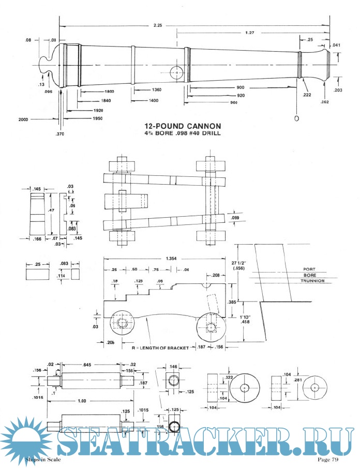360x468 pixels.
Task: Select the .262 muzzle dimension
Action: point(325,102)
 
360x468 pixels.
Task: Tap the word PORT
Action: point(310,269)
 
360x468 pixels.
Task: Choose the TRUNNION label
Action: point(314,281)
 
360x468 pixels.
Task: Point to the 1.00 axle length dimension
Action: point(89,401)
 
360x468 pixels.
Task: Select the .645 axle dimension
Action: point(90,366)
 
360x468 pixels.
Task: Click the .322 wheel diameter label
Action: point(229,378)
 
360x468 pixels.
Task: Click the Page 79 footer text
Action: point(328,459)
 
